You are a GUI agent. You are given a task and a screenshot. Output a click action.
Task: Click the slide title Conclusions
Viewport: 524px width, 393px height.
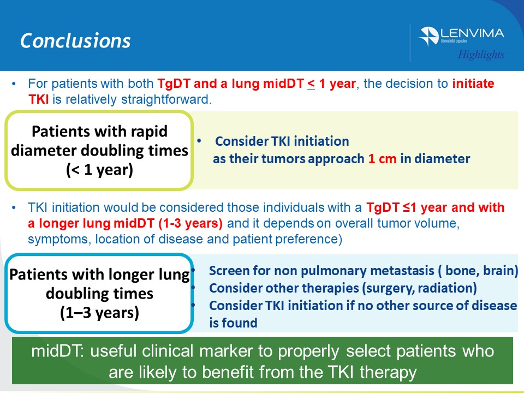[75, 41]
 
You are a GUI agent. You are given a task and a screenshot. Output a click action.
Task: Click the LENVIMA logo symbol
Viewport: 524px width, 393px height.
[429, 36]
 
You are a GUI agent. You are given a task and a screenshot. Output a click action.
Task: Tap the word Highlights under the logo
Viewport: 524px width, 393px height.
[481, 55]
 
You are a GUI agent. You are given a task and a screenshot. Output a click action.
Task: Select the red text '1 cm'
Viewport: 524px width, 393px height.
[382, 159]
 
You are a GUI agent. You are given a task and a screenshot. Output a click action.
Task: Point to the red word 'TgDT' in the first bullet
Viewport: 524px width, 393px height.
[174, 84]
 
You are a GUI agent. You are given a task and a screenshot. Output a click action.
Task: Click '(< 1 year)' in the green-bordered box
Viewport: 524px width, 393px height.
[99, 170]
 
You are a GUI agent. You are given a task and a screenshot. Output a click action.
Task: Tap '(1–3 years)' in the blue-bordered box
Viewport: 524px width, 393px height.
[99, 313]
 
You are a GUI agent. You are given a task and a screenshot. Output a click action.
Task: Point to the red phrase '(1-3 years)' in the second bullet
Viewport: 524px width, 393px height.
[190, 223]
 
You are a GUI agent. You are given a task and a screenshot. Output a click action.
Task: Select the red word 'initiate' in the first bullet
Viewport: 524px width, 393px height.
[473, 84]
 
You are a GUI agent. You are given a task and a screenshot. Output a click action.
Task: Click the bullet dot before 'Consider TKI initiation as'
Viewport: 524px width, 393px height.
[199, 141]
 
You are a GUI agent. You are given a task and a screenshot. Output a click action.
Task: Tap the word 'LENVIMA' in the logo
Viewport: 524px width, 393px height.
[472, 33]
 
